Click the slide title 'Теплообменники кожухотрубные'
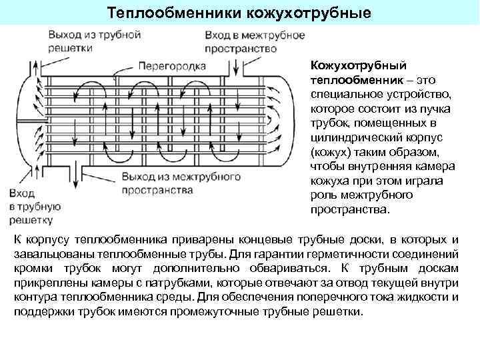pos(239,13)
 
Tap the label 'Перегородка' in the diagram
pos(171,66)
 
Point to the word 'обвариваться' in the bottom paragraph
pos(271,268)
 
